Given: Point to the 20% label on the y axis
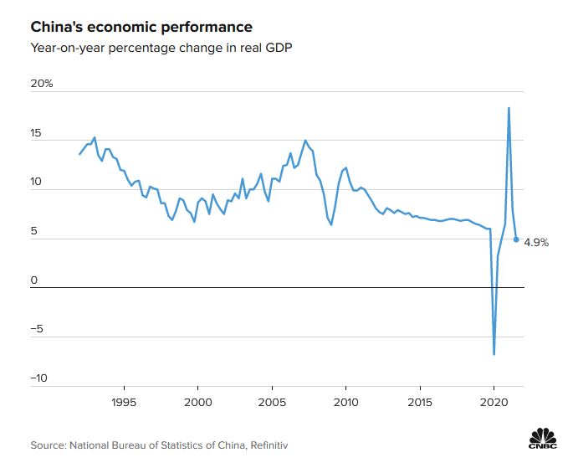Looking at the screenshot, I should pyautogui.click(x=42, y=85).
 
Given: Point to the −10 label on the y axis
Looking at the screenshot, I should pyautogui.click(x=39, y=378).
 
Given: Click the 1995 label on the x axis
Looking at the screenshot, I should pyautogui.click(x=124, y=400).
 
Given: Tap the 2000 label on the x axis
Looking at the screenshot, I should pyautogui.click(x=197, y=400).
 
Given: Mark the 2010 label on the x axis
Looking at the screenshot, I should pyautogui.click(x=345, y=400).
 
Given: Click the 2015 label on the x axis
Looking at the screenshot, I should pyautogui.click(x=419, y=400).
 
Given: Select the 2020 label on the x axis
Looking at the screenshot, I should pyautogui.click(x=494, y=400).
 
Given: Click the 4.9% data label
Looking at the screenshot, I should pyautogui.click(x=536, y=243).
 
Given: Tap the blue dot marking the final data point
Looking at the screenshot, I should pyautogui.click(x=516, y=239).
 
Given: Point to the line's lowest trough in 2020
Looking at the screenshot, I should pyautogui.click(x=494, y=353).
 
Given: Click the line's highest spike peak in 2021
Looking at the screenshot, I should pyautogui.click(x=509, y=108).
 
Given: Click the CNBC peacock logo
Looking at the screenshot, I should pyautogui.click(x=543, y=437).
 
